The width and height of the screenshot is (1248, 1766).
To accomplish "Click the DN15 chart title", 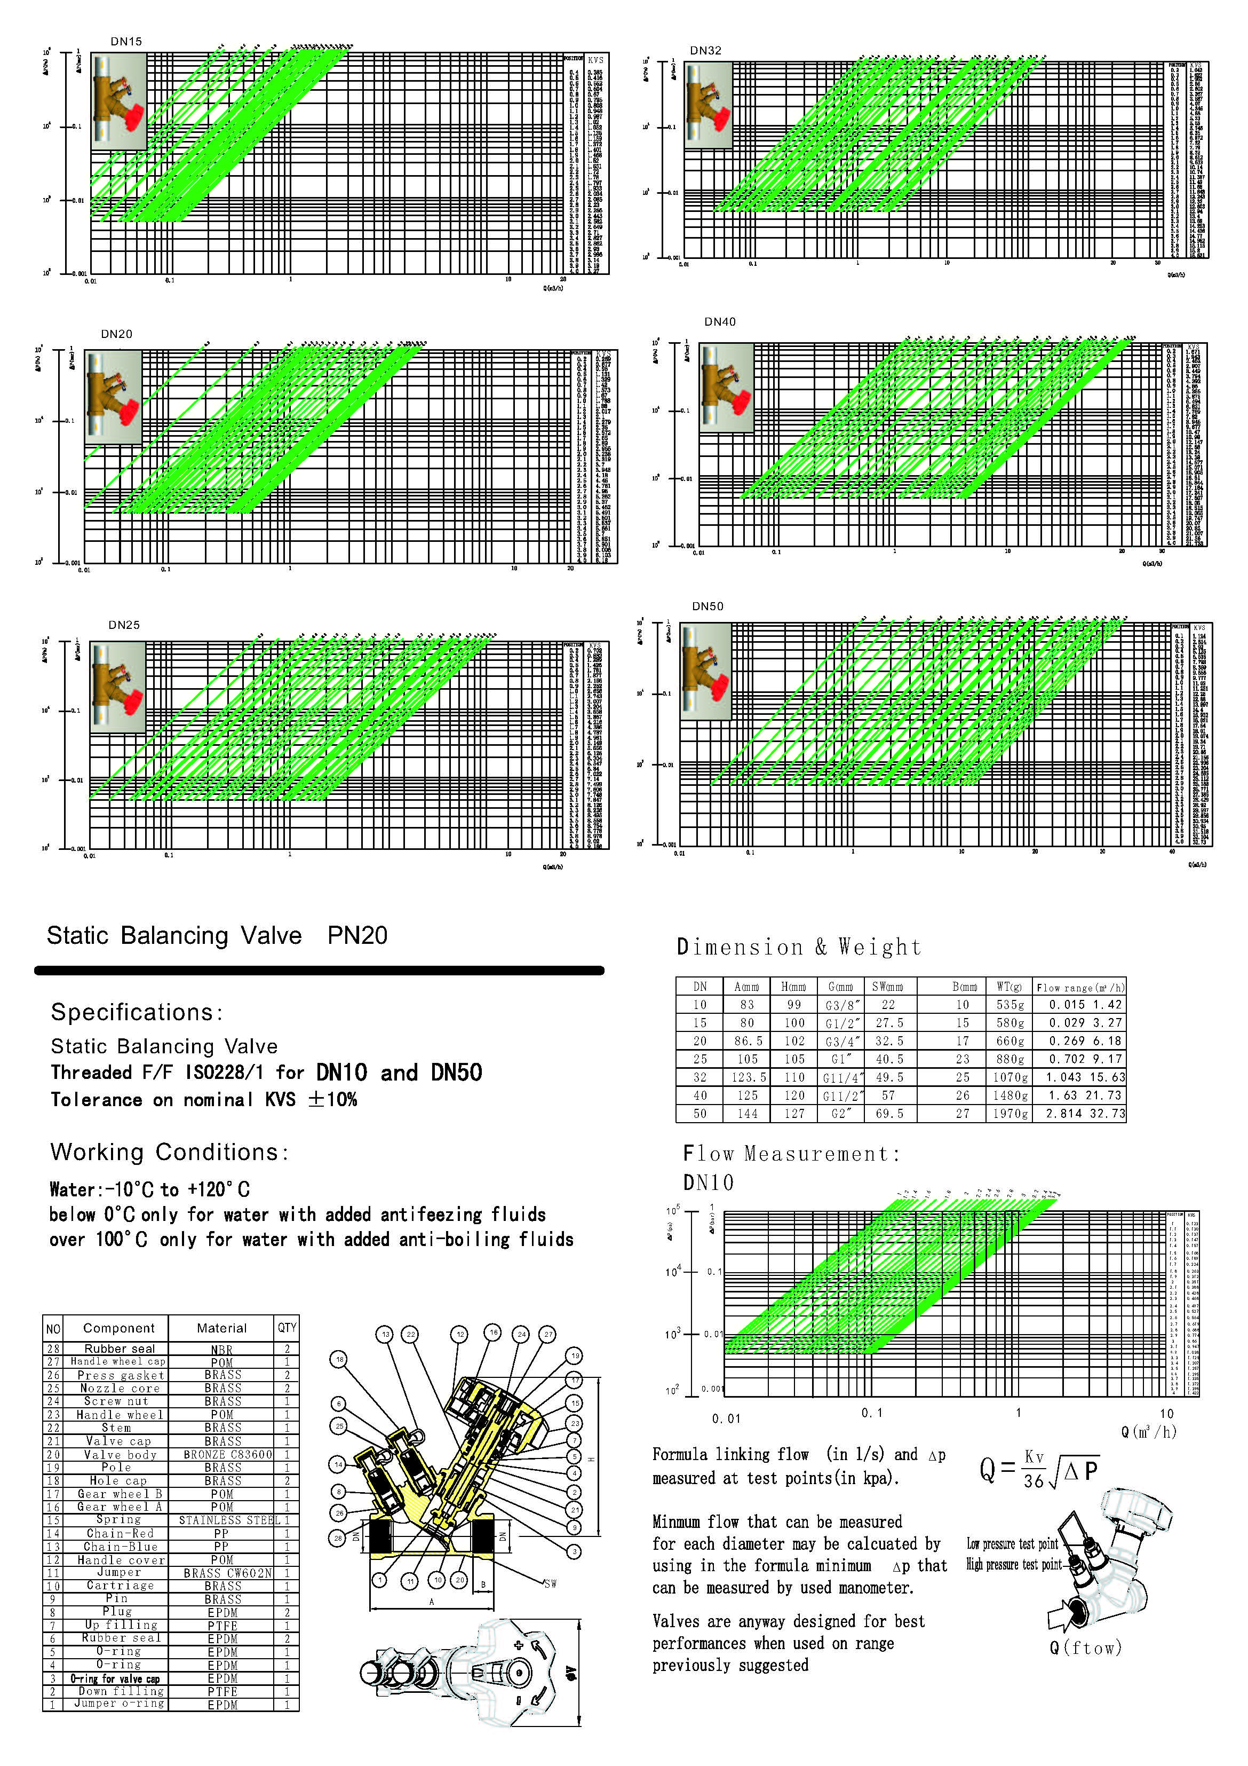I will (x=126, y=42).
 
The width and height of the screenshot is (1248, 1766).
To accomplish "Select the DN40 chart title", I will (x=720, y=321).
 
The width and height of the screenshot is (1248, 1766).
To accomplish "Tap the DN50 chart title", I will (x=708, y=606).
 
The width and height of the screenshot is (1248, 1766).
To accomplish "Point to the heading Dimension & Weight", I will (x=798, y=947).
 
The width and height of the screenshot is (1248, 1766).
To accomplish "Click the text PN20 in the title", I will (x=357, y=935).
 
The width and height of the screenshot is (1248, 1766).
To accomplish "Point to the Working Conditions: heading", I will (x=169, y=1152).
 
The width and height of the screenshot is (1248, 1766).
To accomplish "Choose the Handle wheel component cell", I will (x=119, y=1415).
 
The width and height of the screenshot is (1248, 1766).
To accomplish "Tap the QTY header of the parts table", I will (x=287, y=1328).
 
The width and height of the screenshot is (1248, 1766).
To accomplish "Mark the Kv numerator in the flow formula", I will (x=1034, y=1457).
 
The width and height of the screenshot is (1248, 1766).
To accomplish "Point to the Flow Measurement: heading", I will (x=791, y=1154).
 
